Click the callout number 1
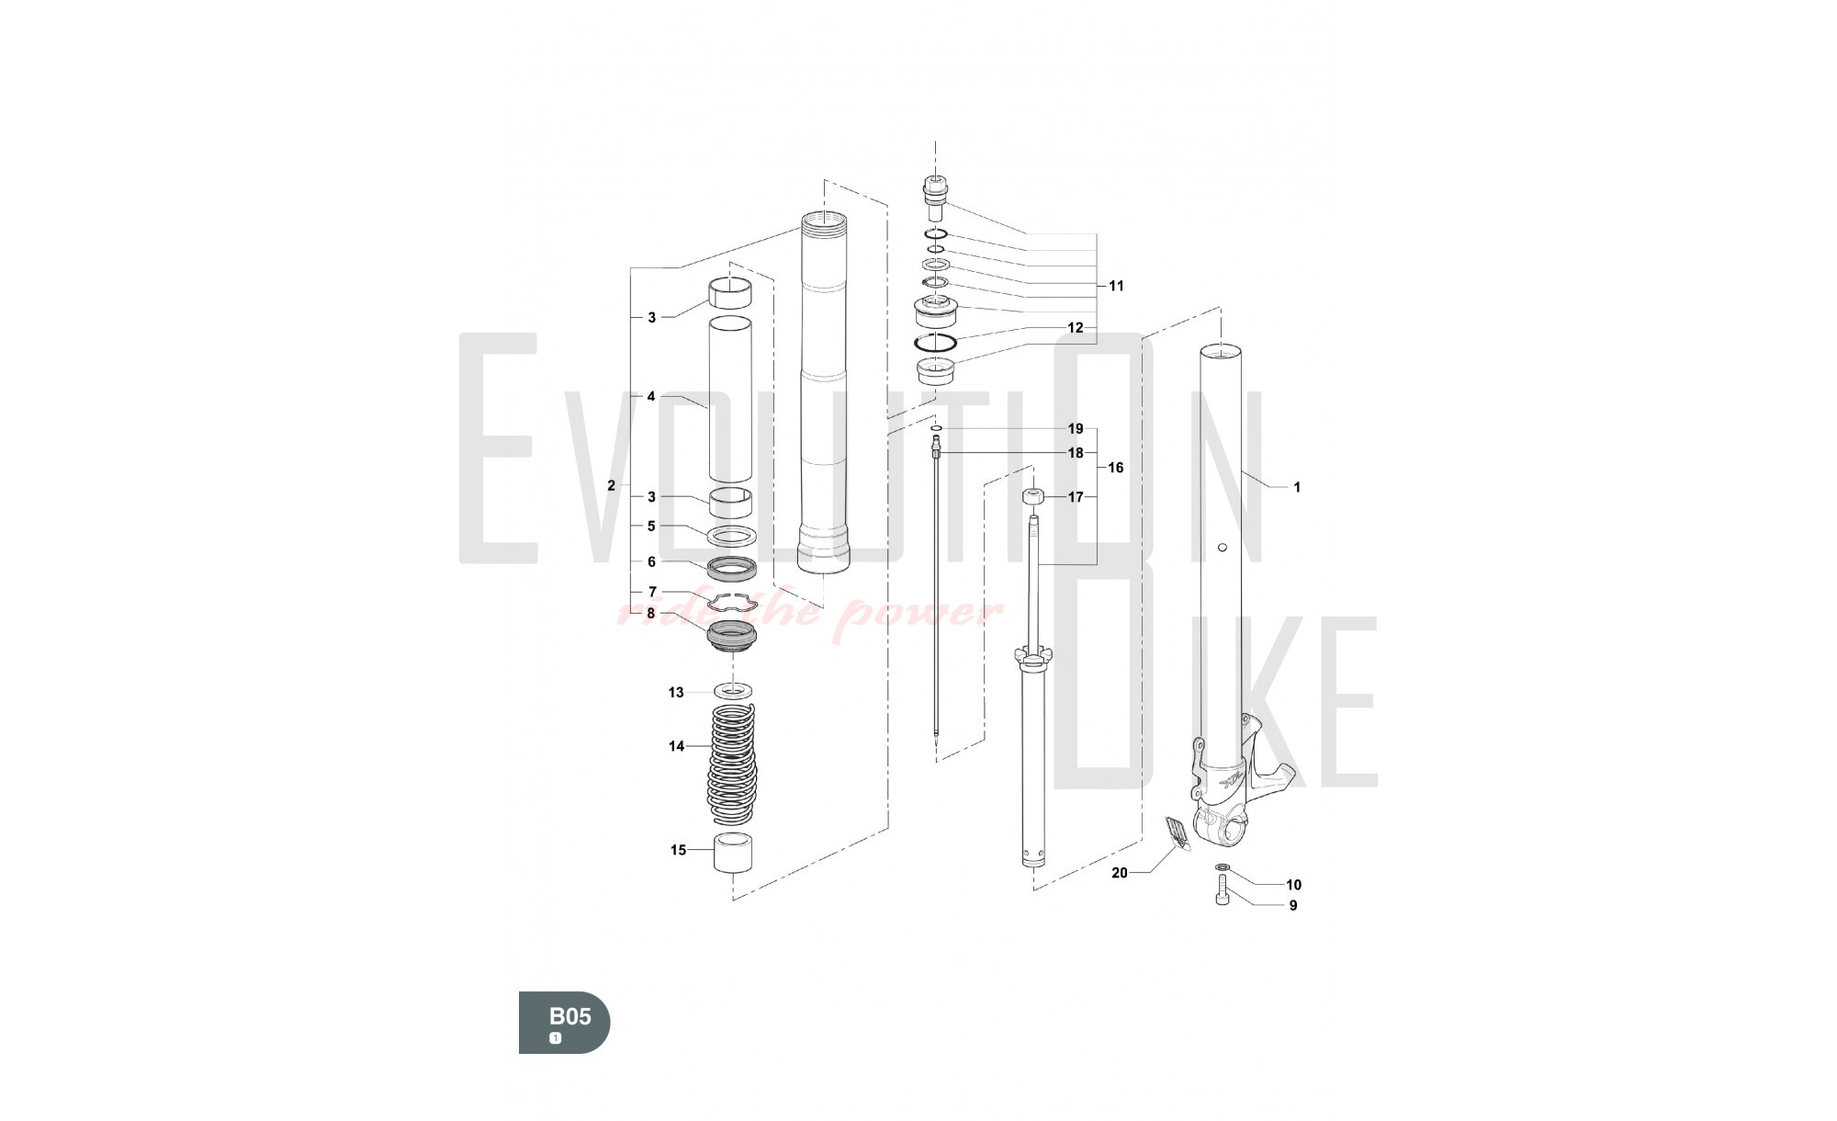pos(1297,488)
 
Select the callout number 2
pos(612,486)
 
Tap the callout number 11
pos(1116,286)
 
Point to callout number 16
pos(1116,468)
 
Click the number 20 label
pos(1119,873)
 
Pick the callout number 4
pos(651,397)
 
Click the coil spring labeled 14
pos(733,764)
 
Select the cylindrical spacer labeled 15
pos(734,855)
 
